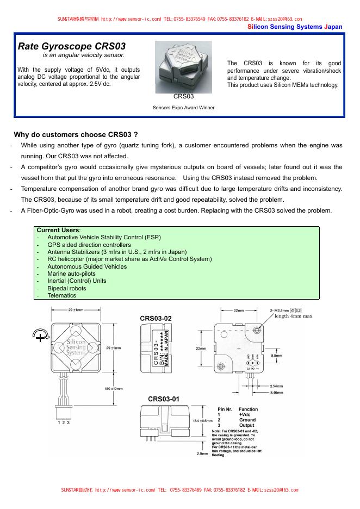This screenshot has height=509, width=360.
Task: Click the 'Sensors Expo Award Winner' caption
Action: pyautogui.click(x=183, y=108)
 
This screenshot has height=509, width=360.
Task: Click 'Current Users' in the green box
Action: pyautogui.click(x=58, y=230)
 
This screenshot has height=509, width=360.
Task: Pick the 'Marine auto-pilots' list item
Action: pyautogui.click(x=71, y=274)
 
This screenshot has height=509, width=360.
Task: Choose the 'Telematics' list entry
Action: pyautogui.click(x=61, y=295)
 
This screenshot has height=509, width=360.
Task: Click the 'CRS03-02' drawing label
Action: pyautogui.click(x=156, y=318)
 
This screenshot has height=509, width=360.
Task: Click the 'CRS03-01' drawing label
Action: pyautogui.click(x=164, y=399)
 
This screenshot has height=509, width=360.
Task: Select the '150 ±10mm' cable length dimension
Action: pyautogui.click(x=114, y=389)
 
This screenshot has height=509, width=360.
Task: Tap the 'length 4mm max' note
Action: pyautogui.click(x=293, y=316)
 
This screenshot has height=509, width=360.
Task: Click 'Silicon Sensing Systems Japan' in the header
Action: pyautogui.click(x=295, y=27)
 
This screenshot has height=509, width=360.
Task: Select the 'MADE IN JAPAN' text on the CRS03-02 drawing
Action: pyautogui.click(x=167, y=350)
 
